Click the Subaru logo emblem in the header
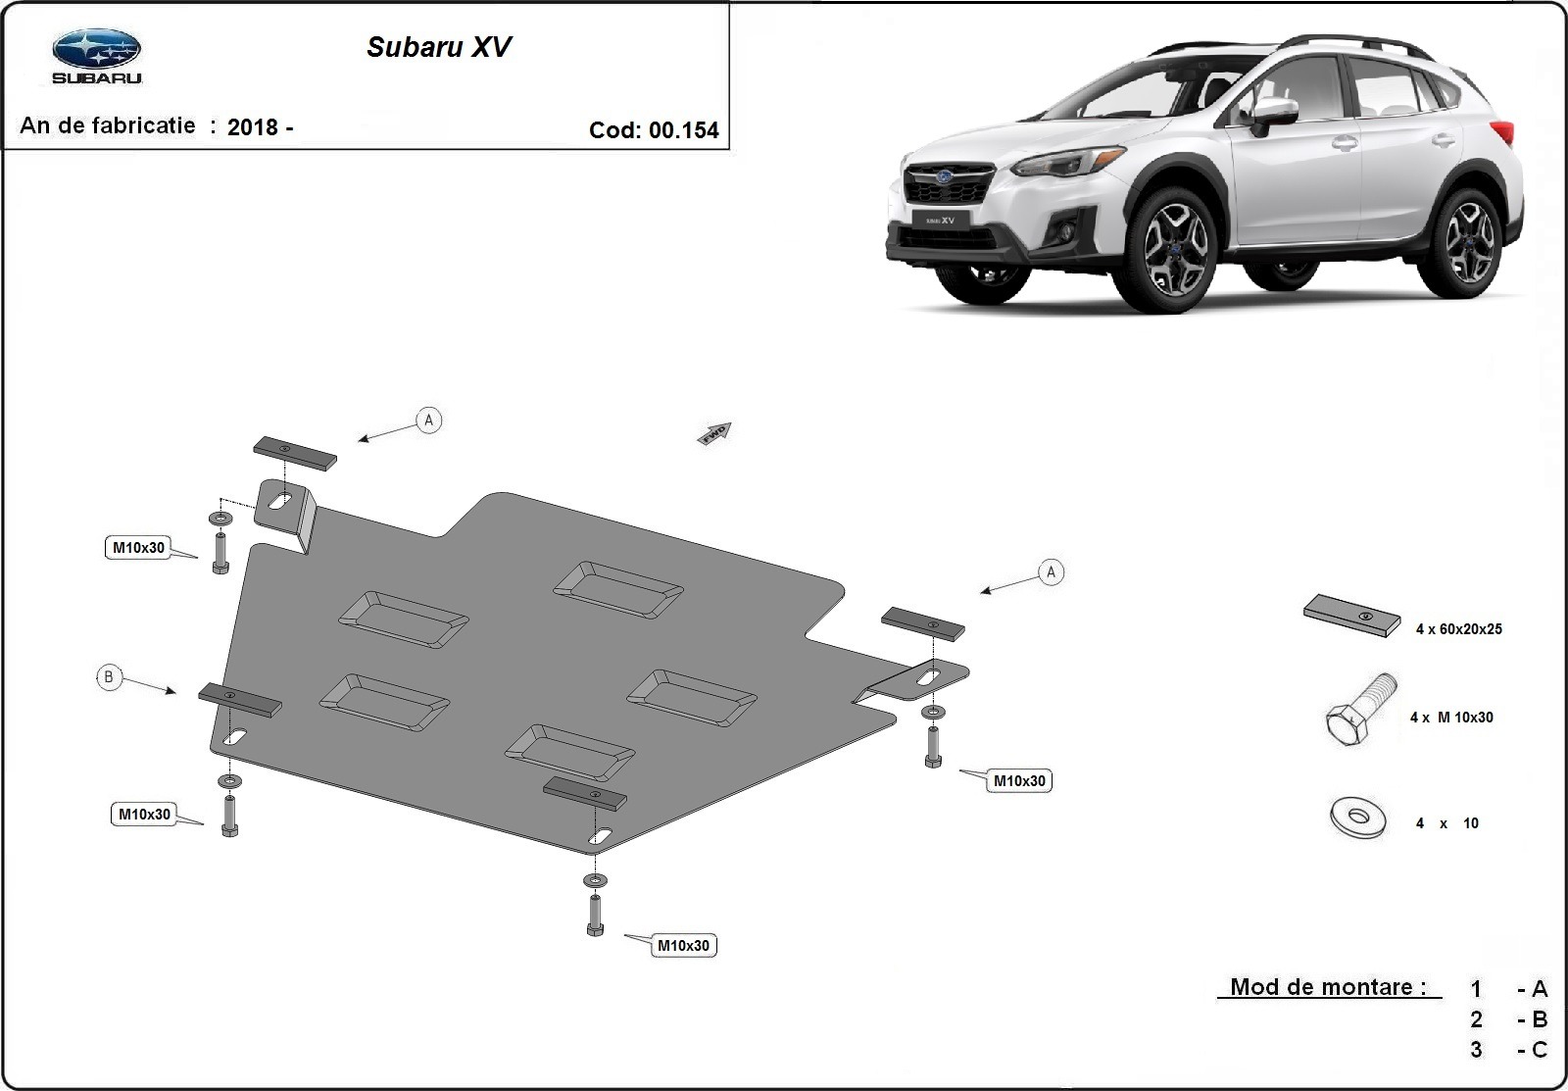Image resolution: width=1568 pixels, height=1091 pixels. (96, 49)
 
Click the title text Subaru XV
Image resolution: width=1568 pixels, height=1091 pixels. (438, 47)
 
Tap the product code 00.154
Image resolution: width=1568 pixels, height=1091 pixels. (683, 130)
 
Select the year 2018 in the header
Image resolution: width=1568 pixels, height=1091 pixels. (251, 126)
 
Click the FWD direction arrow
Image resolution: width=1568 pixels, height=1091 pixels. (714, 432)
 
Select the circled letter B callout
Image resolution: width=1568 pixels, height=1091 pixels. (109, 676)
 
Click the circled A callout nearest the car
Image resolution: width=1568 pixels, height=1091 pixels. (1051, 571)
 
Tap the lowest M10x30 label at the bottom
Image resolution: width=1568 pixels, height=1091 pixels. (683, 946)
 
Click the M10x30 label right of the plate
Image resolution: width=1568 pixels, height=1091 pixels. (1019, 781)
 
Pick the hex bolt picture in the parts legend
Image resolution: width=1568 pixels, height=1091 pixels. (1360, 712)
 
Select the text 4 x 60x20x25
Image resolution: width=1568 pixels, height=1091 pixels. (1458, 629)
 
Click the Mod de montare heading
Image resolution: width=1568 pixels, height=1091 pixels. (1328, 987)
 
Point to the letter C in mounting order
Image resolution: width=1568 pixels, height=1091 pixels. (1539, 1050)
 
